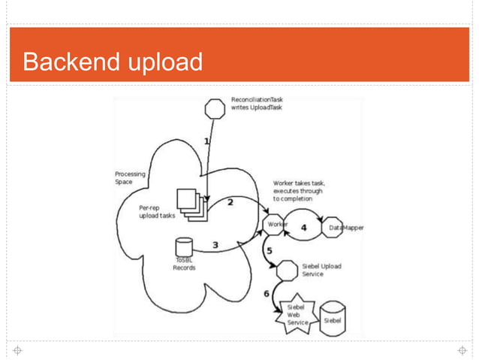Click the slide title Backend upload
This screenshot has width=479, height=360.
pyautogui.click(x=113, y=62)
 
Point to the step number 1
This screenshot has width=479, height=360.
pyautogui.click(x=206, y=141)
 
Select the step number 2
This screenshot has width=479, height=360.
pyautogui.click(x=230, y=201)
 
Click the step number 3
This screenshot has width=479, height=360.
pyautogui.click(x=215, y=244)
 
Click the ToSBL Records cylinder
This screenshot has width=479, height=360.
pyautogui.click(x=182, y=247)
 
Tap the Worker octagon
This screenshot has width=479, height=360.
pyautogui.click(x=276, y=225)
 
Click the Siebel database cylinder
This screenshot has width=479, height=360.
pyautogui.click(x=332, y=318)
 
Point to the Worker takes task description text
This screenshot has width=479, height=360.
pyautogui.click(x=299, y=192)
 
